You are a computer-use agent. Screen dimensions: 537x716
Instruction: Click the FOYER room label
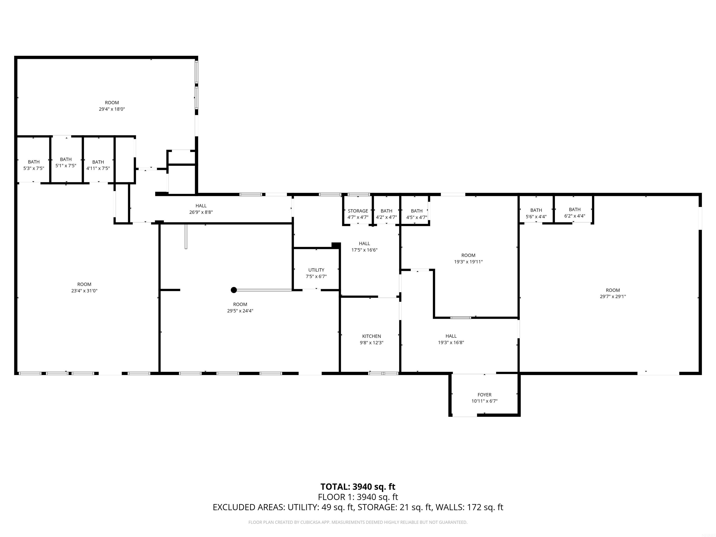(x=484, y=395)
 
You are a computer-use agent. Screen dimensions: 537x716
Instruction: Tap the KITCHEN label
(x=371, y=336)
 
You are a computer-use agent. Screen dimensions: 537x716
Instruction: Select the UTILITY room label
(x=316, y=270)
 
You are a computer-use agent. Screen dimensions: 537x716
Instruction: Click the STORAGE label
(x=358, y=211)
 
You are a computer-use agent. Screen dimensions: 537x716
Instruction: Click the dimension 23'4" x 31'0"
(x=84, y=291)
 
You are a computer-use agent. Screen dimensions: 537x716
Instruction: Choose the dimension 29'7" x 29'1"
(x=613, y=296)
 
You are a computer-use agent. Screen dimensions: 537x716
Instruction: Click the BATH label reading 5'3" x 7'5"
(x=34, y=162)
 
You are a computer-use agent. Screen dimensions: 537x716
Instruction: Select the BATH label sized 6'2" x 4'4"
(x=575, y=210)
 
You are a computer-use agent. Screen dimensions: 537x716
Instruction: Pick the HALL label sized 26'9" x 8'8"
(x=201, y=206)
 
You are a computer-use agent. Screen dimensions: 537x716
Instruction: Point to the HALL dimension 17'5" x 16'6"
(x=364, y=250)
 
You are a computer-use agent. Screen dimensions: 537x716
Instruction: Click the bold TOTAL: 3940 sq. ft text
(x=358, y=486)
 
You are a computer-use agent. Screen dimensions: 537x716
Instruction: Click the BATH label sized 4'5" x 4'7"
(x=417, y=211)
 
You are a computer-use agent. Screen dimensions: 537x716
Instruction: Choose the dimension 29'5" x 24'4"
(x=240, y=311)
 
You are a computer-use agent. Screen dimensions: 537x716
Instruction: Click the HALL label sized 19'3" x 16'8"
(x=451, y=336)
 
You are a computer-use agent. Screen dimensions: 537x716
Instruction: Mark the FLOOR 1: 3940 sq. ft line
(x=358, y=497)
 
